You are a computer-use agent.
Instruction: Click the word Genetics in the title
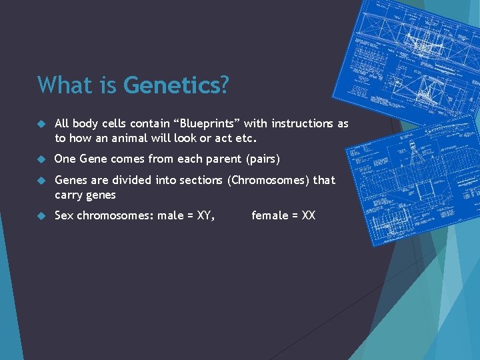[176, 85]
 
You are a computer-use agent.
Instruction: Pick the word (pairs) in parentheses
[263, 159]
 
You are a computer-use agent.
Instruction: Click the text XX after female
[308, 215]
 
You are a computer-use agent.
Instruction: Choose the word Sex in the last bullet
[64, 215]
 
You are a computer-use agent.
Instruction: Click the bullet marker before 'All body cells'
[40, 124]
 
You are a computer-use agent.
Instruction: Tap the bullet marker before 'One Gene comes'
[40, 159]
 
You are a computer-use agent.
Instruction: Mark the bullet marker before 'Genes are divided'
[40, 181]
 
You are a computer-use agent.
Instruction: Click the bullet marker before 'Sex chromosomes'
[40, 216]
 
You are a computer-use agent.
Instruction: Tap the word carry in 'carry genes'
[68, 195]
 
